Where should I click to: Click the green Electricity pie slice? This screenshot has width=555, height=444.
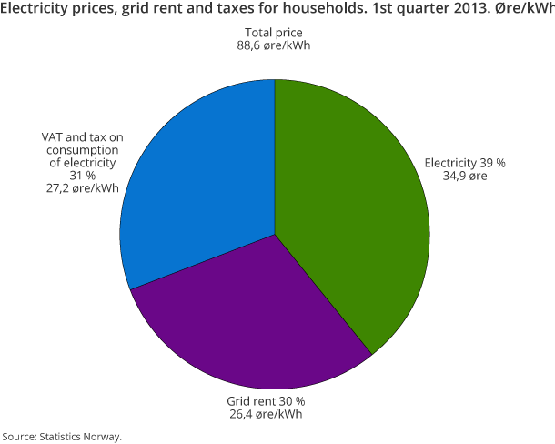point(355,209)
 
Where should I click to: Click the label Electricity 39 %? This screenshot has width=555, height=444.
point(465,163)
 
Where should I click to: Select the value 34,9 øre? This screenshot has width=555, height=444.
point(465,177)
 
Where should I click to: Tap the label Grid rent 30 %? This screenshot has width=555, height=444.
point(265,400)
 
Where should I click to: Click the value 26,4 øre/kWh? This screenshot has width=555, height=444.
point(265,414)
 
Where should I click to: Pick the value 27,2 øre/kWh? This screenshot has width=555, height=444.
point(82,188)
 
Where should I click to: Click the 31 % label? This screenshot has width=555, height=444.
point(82,176)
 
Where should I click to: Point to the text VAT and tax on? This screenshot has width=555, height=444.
point(82,136)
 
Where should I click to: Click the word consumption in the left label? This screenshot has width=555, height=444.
point(82,149)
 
